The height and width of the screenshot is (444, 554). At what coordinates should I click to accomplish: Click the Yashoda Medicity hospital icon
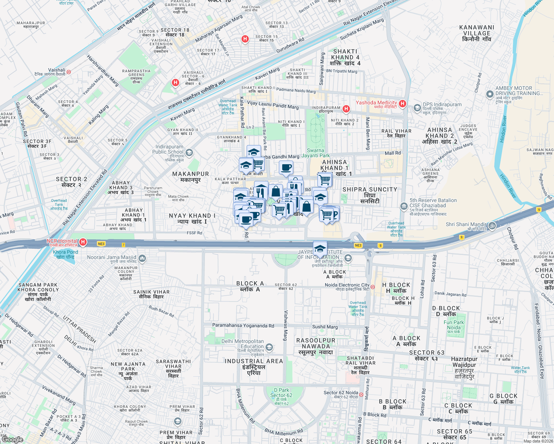403,104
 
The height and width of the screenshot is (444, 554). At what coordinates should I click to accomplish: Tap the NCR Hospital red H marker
83,242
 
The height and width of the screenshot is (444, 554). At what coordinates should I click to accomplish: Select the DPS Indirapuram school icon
417,108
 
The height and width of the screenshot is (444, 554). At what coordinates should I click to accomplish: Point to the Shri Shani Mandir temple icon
492,225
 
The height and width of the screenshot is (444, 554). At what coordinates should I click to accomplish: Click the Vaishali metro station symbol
69,72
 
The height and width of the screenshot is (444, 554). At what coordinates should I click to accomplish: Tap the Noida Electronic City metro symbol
373,287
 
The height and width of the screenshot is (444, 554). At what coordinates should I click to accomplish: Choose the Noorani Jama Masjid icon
142,258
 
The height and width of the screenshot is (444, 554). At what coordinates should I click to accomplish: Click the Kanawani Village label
477,33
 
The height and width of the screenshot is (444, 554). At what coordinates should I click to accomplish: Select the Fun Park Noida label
454,325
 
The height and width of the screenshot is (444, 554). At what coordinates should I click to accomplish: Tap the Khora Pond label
66,254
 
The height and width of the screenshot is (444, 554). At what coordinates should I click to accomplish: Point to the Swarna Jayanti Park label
315,153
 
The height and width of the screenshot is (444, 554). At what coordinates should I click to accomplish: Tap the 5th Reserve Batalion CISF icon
404,206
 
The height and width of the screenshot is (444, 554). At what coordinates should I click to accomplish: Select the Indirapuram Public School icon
189,152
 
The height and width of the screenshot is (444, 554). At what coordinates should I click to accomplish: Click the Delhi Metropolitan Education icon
269,347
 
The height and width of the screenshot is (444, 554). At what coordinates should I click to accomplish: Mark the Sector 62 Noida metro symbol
361,394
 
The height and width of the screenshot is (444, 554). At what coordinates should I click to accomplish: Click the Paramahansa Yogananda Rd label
243,326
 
